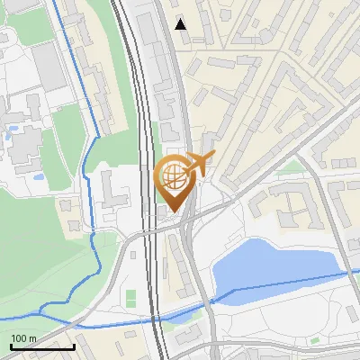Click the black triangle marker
click(x=181, y=24)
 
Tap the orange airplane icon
click(x=200, y=163)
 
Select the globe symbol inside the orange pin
click(x=174, y=175)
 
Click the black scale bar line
click(x=42, y=346)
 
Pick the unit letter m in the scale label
click(x=32, y=339)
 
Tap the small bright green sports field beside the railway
click(x=130, y=296)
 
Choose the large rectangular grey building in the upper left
click(x=52, y=67)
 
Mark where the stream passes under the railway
click(x=157, y=317)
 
